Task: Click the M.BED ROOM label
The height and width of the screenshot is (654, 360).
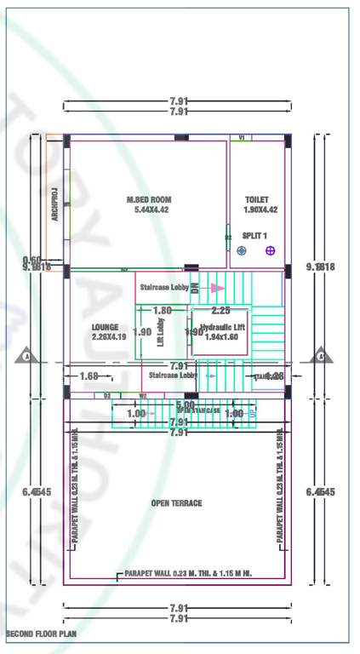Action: (149, 200)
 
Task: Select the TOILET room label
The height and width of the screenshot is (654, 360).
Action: (256, 200)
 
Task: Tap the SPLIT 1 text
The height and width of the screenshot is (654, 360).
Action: (254, 235)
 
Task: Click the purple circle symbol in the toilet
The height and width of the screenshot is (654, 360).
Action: (271, 250)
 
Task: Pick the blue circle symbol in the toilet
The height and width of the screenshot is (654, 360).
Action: (242, 250)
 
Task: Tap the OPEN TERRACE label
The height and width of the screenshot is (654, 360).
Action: (176, 503)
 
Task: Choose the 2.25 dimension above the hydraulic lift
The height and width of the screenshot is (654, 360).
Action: (220, 311)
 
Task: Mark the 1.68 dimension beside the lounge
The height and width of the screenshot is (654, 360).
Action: (89, 376)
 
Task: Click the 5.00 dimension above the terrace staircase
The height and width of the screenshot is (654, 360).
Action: (185, 404)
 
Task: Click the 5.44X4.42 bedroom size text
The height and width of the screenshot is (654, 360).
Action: (151, 209)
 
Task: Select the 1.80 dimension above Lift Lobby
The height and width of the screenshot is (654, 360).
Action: (163, 311)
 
